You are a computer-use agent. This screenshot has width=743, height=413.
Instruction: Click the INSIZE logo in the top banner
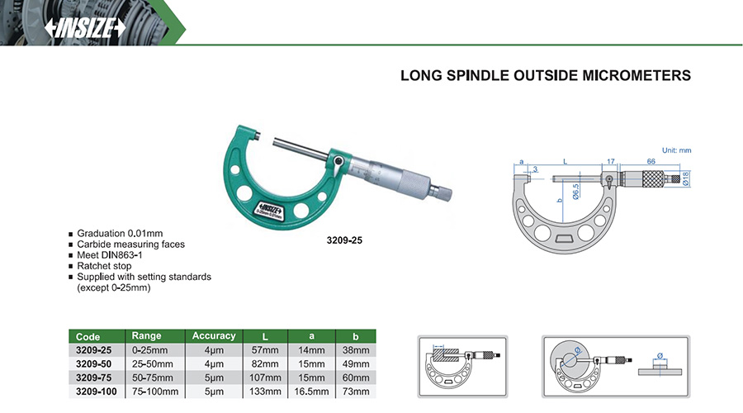[x=85, y=28]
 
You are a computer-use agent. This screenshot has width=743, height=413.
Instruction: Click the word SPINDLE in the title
[x=478, y=75]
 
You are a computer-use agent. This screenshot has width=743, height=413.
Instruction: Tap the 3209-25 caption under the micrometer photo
[x=344, y=240]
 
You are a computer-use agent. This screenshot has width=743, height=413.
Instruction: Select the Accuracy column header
[x=214, y=335]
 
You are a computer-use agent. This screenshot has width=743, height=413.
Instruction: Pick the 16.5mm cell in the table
[x=311, y=392]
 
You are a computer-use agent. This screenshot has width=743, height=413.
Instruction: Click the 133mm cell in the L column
[x=265, y=392]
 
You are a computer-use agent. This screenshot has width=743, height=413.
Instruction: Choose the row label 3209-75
[x=94, y=378]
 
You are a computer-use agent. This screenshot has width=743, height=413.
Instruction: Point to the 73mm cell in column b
[x=356, y=392]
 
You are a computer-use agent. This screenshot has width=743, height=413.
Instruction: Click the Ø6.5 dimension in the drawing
[x=575, y=192]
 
